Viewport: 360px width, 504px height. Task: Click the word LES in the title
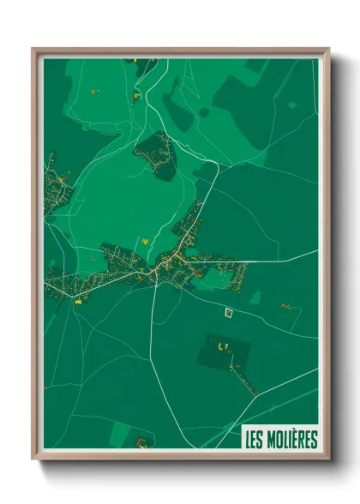click(x=254, y=440)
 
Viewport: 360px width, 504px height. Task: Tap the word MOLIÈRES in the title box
click(x=291, y=440)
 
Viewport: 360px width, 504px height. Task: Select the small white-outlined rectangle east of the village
click(x=229, y=313)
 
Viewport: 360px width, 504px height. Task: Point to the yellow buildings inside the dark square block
click(x=225, y=345)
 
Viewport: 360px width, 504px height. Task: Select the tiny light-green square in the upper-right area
click(x=292, y=105)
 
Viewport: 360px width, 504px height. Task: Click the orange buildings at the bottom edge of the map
click(x=141, y=442)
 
